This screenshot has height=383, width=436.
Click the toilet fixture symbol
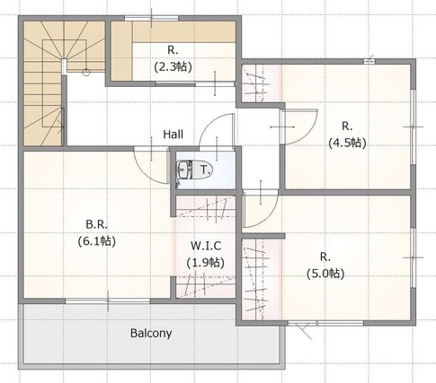click(x=194, y=170)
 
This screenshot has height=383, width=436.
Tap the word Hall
click(x=173, y=135)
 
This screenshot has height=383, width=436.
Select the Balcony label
click(x=151, y=334)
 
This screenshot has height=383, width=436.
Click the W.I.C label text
click(x=206, y=246)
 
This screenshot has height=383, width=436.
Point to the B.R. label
click(x=96, y=224)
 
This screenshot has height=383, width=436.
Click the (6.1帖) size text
click(x=97, y=241)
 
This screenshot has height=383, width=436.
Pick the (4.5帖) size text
click(x=347, y=144)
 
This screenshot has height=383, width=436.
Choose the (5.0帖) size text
click(x=325, y=274)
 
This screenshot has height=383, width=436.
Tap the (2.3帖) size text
click(x=173, y=66)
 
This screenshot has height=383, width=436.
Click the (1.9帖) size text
click(x=206, y=263)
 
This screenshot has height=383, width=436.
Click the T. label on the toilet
click(x=205, y=170)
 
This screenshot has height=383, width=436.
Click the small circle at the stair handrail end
click(x=86, y=72)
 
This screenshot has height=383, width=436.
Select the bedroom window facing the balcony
click(x=108, y=300)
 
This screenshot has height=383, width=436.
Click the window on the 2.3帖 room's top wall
click(x=152, y=19)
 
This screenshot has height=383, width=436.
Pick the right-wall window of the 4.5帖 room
click(x=414, y=126)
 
